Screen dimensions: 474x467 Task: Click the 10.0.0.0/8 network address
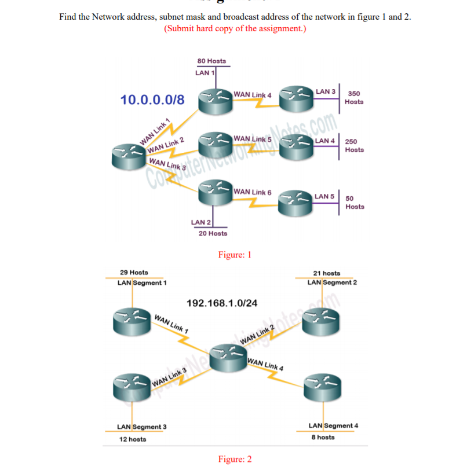pos(152,100)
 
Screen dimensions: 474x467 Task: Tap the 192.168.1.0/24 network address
pos(222,303)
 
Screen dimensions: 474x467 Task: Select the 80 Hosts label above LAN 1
pos(211,61)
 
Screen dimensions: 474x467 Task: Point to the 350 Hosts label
pos(354,97)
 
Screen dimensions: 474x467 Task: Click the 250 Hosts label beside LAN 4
pos(354,145)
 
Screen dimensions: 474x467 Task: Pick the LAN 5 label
pos(324,197)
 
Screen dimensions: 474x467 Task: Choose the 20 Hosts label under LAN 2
pos(213,233)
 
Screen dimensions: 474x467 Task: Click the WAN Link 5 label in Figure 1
pos(253,139)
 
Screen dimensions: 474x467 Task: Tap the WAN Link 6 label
pos(253,192)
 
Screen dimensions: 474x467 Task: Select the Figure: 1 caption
pos(234,254)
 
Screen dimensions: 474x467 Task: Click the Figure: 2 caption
pos(235,459)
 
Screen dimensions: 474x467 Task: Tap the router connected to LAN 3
pos(297,98)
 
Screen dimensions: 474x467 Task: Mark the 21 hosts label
pos(326,273)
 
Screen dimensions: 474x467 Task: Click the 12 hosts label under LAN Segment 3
pos(133,439)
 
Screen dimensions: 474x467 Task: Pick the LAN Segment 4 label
pos(333,426)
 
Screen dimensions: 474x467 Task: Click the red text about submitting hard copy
pos(235,28)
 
